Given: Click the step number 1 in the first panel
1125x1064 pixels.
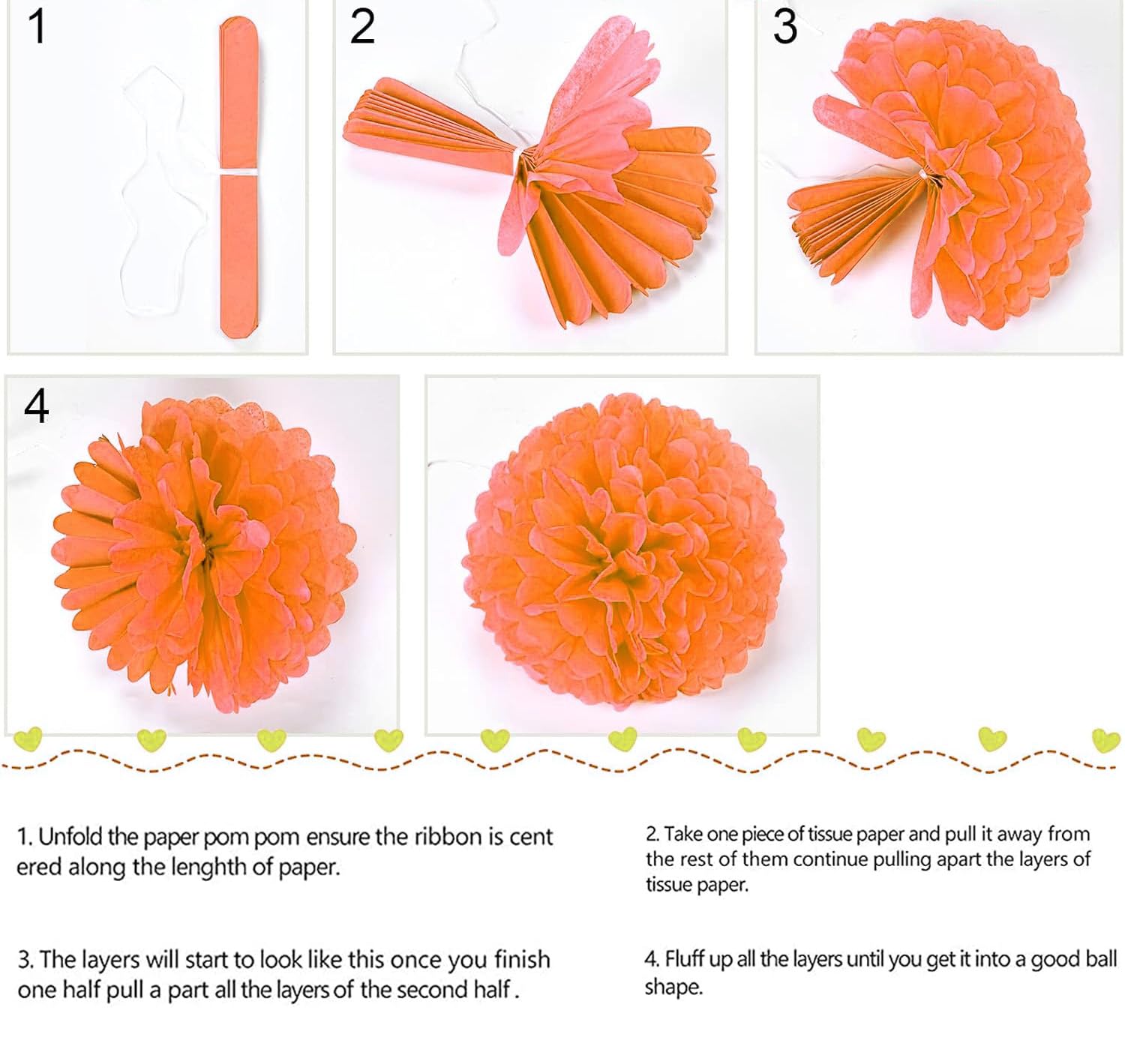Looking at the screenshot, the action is (x=37, y=28).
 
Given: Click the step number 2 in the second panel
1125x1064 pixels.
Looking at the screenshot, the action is (x=362, y=28).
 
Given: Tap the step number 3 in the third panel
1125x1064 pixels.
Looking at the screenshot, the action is (x=784, y=28).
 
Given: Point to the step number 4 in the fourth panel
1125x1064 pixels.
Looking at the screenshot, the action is (x=37, y=407).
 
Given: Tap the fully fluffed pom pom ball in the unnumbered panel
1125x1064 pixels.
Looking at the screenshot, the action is (x=622, y=552).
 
